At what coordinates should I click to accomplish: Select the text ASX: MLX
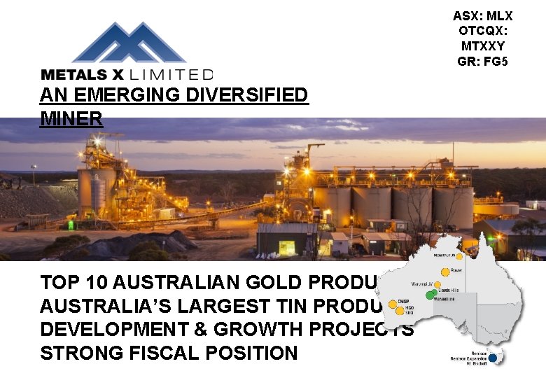[482, 15]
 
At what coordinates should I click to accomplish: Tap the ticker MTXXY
[482, 46]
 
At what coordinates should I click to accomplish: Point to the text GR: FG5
[482, 62]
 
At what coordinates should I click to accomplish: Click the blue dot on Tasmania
[492, 358]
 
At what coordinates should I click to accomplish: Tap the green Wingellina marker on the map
[429, 295]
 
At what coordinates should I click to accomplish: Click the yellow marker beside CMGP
[393, 304]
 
